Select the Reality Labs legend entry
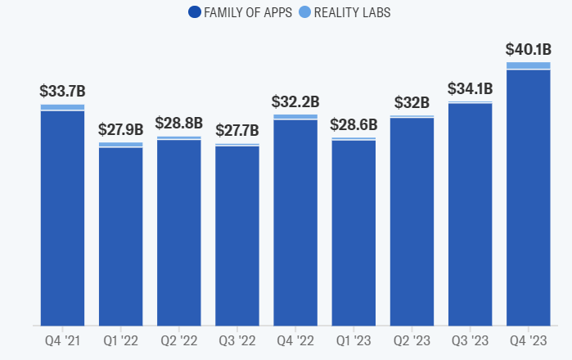tap(354, 11)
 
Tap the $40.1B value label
tap(528, 50)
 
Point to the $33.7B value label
tap(62, 91)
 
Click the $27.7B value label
tap(237, 129)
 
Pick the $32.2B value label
tap(295, 102)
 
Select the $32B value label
tap(412, 102)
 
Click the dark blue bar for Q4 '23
tap(528, 196)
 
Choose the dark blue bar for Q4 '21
tap(62, 217)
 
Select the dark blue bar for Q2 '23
tap(412, 221)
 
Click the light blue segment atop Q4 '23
tap(528, 65)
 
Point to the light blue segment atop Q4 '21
tap(62, 107)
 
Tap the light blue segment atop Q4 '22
tap(295, 117)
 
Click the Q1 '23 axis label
tap(354, 340)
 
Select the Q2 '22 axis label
tap(179, 340)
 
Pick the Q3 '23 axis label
tap(470, 340)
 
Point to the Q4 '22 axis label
tap(295, 340)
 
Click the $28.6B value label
tap(354, 125)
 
